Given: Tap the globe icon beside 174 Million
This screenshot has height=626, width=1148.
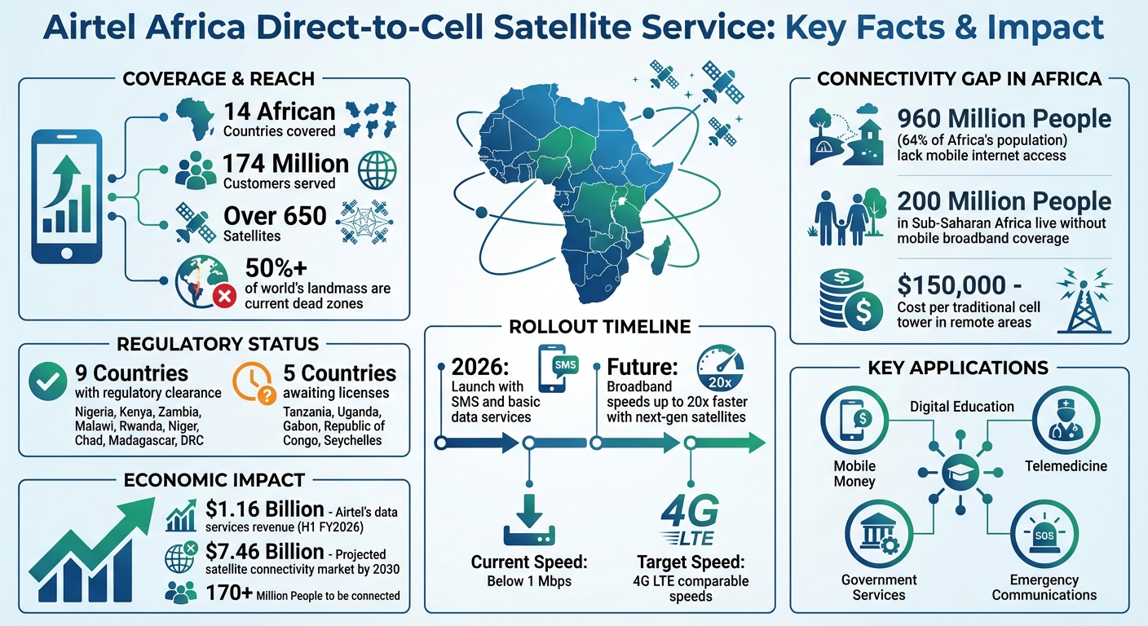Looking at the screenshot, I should pos(378,170).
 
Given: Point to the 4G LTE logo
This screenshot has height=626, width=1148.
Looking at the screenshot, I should pos(690,522).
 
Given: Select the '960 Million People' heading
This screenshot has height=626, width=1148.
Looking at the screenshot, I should pos(1004,119).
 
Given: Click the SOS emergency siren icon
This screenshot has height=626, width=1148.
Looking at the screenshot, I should pos(1044,534).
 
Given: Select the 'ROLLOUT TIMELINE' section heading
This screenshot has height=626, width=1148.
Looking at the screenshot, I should pos(599,327).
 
